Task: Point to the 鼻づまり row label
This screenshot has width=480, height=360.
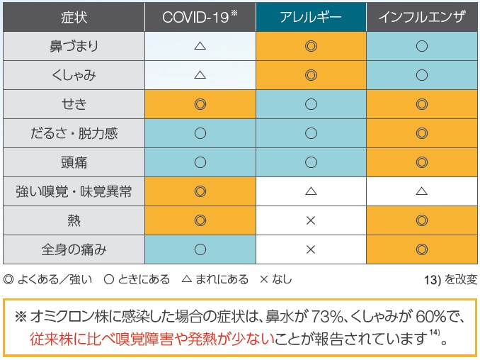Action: click(74, 46)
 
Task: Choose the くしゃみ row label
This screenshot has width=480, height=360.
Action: click(74, 75)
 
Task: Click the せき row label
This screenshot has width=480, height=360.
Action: click(74, 104)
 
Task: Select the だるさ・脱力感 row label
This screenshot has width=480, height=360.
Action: click(74, 133)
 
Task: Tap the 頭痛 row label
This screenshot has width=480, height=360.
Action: click(74, 162)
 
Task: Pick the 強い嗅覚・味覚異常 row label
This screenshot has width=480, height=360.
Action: click(74, 191)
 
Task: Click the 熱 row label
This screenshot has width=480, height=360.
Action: click(74, 220)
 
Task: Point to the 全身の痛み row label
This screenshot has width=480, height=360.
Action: click(74, 249)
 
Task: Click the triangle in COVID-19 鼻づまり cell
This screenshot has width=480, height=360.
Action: click(200, 46)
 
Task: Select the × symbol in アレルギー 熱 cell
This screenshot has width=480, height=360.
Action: click(310, 220)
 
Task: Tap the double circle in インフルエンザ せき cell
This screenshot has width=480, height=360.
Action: click(422, 104)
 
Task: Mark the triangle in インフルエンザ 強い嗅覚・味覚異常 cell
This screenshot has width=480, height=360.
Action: click(422, 191)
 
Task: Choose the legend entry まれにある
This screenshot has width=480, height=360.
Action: click(215, 279)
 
